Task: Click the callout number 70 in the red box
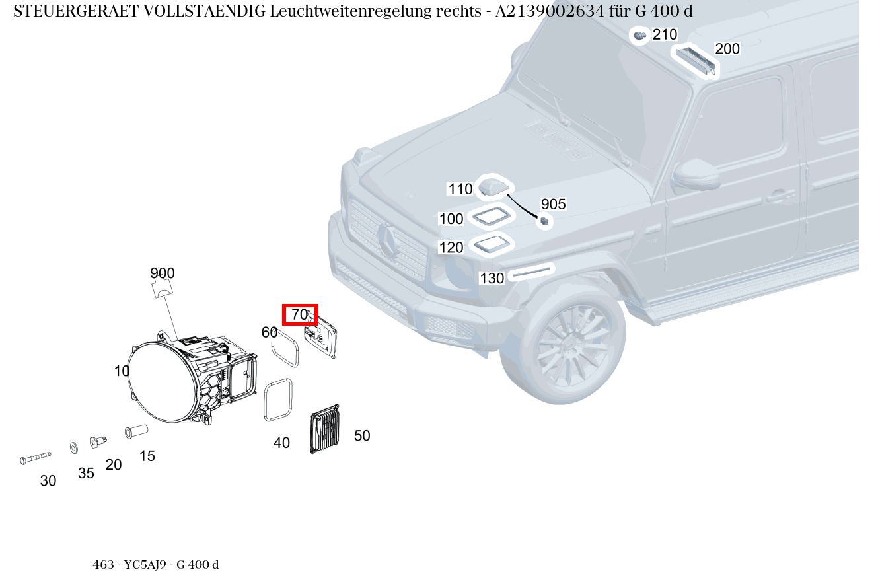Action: click(x=300, y=315)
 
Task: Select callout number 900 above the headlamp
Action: click(x=163, y=273)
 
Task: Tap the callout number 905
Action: click(x=553, y=204)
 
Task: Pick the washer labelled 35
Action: click(x=73, y=448)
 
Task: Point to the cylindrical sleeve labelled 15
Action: click(x=136, y=431)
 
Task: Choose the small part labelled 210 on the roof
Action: click(x=639, y=35)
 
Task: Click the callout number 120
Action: click(x=451, y=248)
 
